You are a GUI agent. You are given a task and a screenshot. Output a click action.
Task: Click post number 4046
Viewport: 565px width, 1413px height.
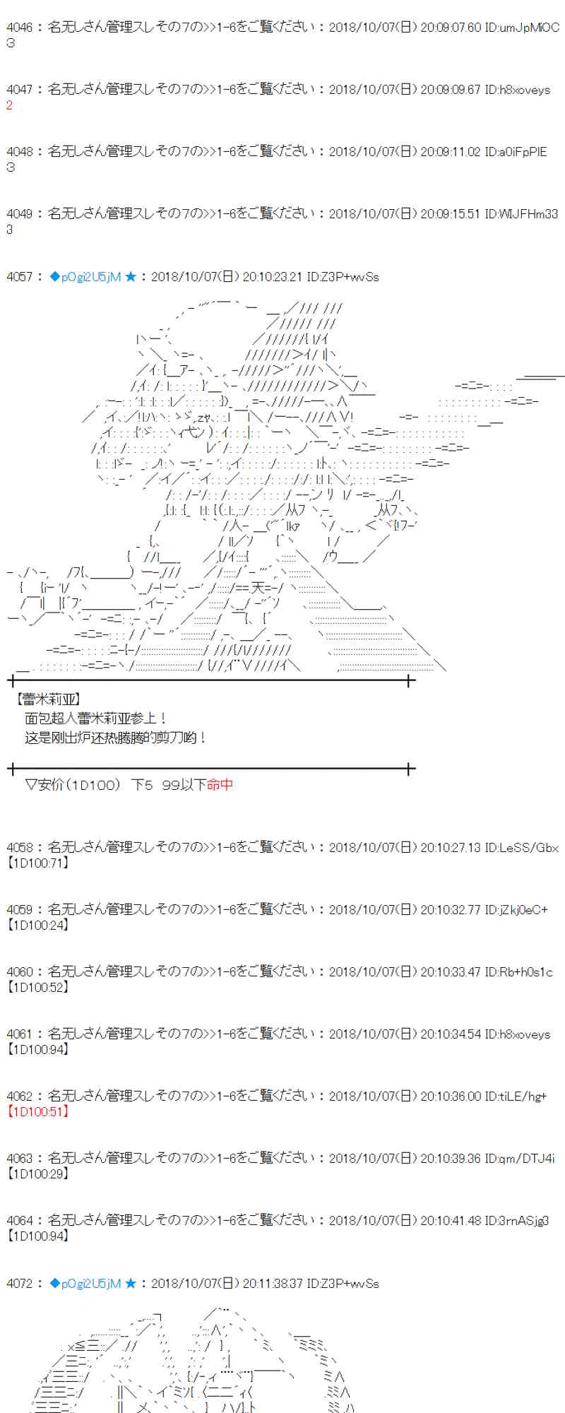pos(19,28)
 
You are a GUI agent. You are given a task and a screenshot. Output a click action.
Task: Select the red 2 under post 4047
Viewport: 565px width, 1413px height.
pos(10,105)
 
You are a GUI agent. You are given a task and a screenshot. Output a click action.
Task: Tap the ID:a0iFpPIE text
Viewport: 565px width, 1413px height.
pos(516,152)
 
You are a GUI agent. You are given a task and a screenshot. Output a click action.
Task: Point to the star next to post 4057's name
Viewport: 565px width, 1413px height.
pos(131,277)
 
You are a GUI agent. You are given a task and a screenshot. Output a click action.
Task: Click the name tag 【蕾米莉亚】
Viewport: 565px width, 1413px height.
pos(47,699)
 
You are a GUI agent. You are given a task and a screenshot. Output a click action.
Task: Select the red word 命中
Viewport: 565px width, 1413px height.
pos(220,784)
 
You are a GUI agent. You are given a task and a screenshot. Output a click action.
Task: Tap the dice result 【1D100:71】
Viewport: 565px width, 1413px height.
pos(38,863)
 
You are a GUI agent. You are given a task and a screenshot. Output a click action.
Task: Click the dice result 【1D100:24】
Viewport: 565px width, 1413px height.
pos(38,925)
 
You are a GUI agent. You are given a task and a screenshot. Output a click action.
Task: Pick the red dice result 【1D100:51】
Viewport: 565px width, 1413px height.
pos(38,1111)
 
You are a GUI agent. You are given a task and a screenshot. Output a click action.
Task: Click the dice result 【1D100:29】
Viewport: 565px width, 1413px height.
pos(38,1173)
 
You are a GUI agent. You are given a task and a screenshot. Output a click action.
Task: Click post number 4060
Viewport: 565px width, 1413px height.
pos(19,971)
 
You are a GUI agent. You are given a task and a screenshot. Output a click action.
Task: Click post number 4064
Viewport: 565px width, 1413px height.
pos(19,1220)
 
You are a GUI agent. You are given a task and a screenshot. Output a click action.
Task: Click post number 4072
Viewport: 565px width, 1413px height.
pos(19,1283)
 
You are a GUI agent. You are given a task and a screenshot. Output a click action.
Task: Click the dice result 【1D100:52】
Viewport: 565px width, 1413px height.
pos(38,987)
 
